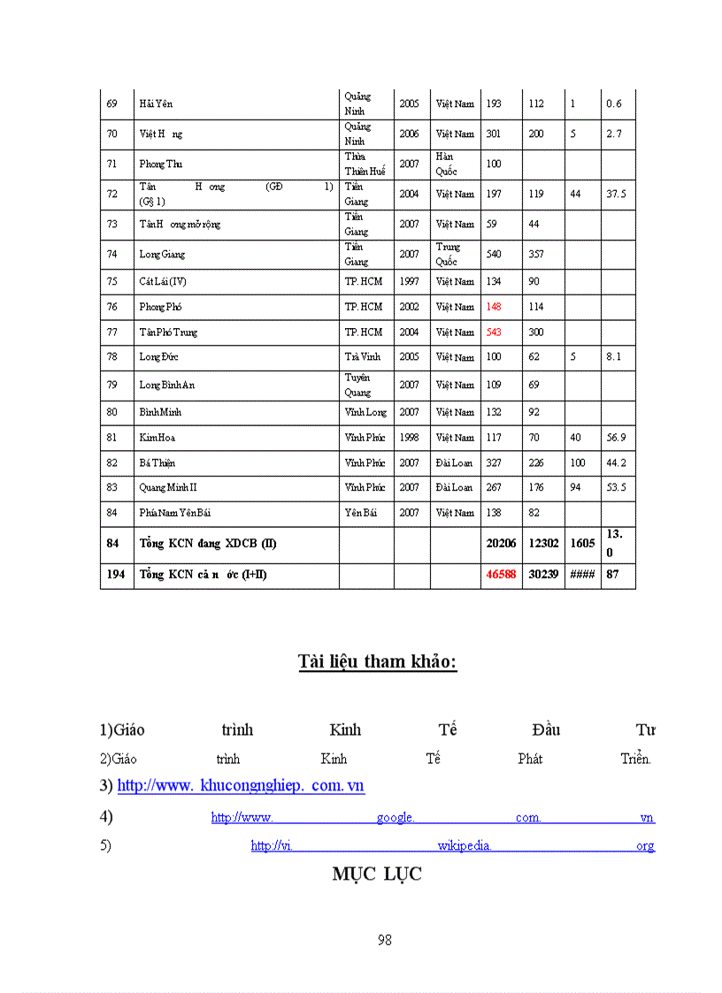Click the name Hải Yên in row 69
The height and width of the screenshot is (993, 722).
click(x=156, y=103)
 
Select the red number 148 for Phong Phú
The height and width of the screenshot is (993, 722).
click(x=494, y=307)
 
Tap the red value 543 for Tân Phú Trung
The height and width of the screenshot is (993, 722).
click(x=494, y=332)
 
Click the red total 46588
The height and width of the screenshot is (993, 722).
click(x=501, y=575)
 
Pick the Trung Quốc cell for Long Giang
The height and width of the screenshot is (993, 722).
click(x=447, y=254)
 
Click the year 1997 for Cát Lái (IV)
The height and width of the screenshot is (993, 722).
click(x=409, y=281)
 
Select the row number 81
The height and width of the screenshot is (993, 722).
click(x=111, y=438)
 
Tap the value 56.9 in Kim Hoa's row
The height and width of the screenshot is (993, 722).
click(x=616, y=438)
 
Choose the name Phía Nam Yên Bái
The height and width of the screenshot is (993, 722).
click(x=174, y=513)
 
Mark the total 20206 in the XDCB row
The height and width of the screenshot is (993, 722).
click(x=501, y=543)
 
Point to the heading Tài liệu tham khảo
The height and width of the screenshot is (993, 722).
click(x=377, y=661)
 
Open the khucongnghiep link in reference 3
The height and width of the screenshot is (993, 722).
click(x=241, y=785)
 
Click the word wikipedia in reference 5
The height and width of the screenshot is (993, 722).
click(x=465, y=845)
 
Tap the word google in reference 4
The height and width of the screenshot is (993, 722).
click(x=396, y=818)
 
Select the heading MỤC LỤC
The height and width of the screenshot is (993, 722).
click(x=377, y=874)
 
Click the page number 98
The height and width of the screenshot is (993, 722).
click(x=384, y=940)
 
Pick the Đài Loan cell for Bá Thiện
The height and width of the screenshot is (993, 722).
click(x=454, y=462)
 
